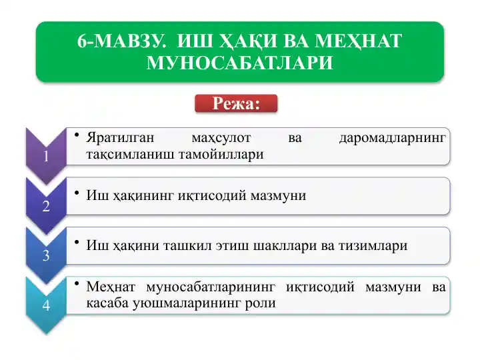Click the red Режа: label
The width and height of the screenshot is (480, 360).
(235, 103)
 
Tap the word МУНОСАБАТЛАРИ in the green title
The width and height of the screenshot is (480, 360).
(239, 63)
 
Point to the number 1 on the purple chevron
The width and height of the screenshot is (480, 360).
(45, 157)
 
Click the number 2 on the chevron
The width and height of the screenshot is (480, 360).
(45, 206)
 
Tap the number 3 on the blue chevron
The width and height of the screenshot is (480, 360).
(45, 256)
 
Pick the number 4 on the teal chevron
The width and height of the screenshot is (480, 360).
(45, 305)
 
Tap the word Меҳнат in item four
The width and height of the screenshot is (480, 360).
(111, 287)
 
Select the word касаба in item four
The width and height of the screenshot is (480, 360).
(108, 303)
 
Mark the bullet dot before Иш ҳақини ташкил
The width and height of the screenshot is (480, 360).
(77, 242)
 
